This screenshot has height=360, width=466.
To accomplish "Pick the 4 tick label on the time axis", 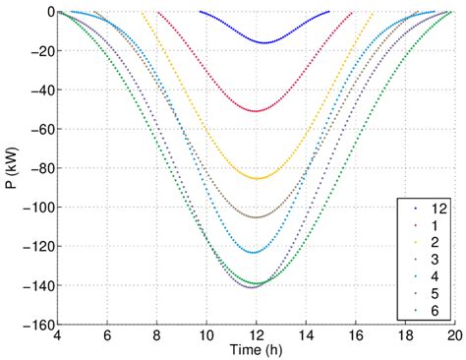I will coord(58,337).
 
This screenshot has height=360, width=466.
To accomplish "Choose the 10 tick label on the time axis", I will coord(206,337).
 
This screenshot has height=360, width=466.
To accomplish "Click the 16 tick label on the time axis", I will coord(355,337).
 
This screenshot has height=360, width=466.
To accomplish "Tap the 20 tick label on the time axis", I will coord(453,337).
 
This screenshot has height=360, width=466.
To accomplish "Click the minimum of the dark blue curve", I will coord(263,42).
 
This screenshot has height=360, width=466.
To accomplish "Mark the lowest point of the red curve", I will coord(257,111).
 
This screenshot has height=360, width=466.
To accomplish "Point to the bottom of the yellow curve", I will coord(258,178).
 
